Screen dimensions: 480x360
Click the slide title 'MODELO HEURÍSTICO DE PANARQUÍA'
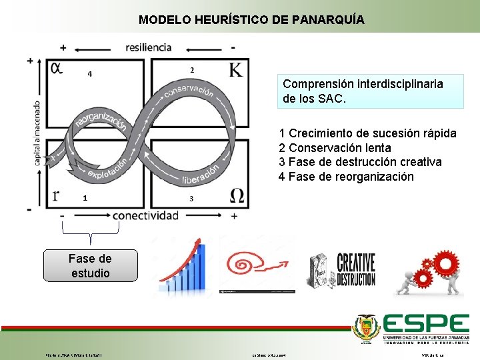(251, 20)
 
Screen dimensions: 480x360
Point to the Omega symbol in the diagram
(237, 195)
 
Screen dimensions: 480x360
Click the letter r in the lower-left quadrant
(56, 195)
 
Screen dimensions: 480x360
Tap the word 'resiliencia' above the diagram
(148, 47)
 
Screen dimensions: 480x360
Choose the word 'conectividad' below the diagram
(145, 215)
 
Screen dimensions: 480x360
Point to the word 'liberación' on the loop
(200, 175)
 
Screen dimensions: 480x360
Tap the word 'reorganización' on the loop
(100, 122)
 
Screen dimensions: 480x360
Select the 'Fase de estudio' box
(90, 265)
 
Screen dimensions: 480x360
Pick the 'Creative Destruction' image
(341, 269)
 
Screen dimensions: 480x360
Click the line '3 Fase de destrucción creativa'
(361, 162)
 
